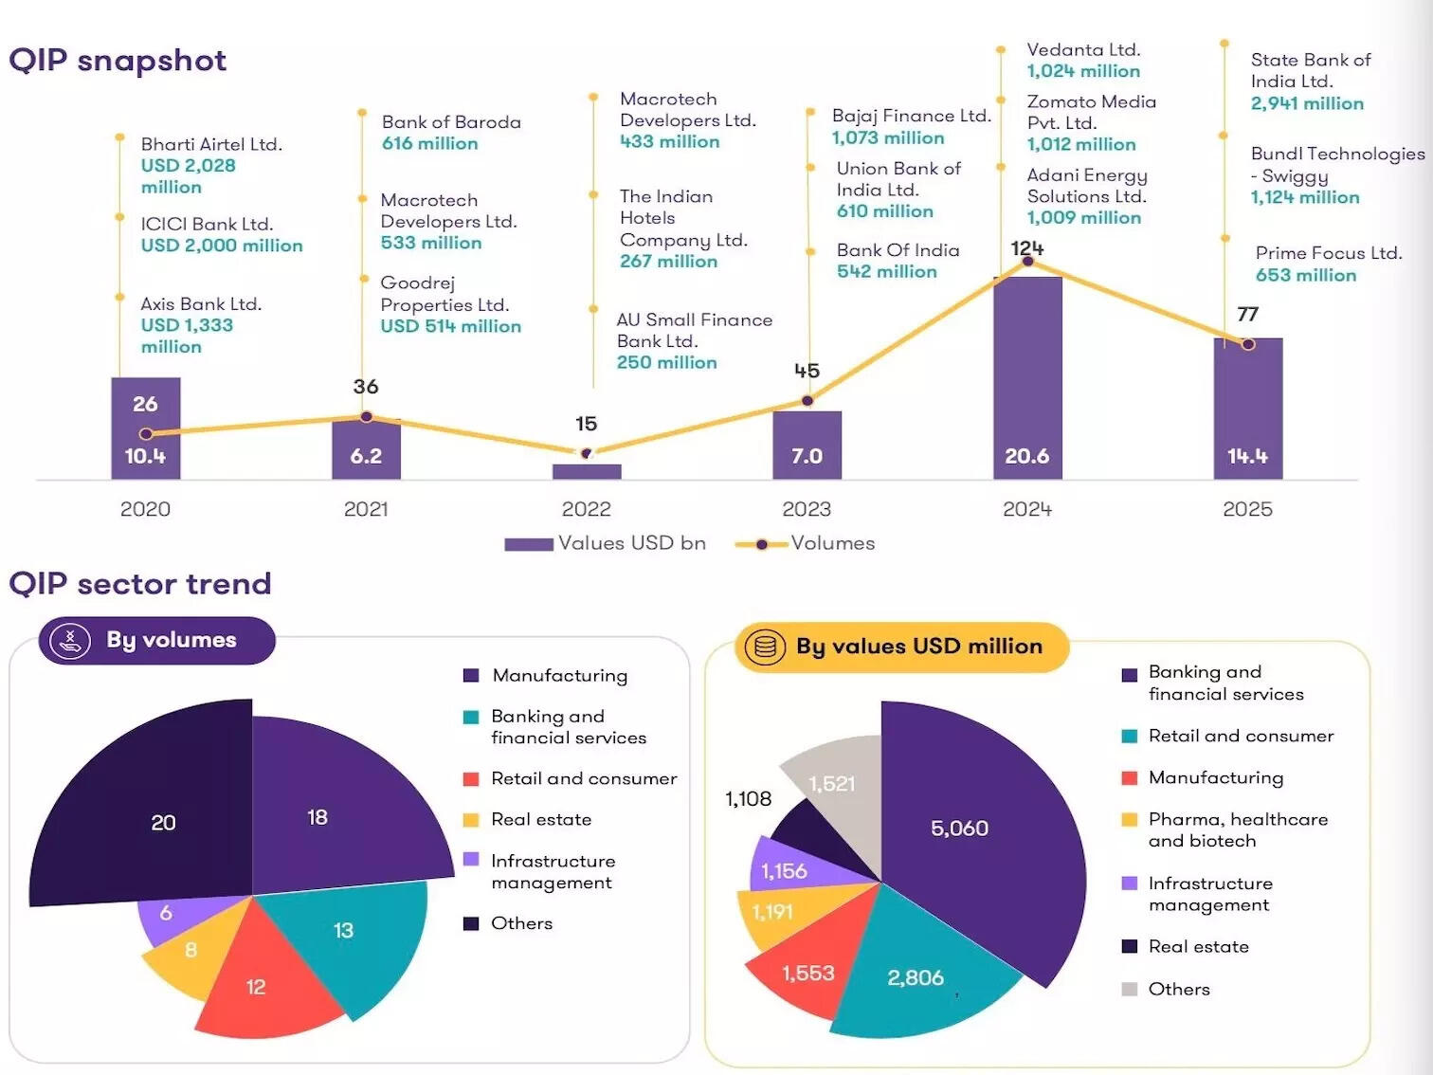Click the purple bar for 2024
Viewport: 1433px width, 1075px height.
(x=1027, y=379)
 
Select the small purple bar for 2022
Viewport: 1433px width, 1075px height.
(x=587, y=471)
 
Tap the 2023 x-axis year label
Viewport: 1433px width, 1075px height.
(x=807, y=509)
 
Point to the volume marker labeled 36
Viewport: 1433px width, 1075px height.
(x=367, y=416)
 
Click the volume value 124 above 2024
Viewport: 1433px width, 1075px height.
(x=1026, y=248)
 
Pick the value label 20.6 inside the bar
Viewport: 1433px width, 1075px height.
(x=1027, y=456)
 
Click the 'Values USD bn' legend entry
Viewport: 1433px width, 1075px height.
(x=607, y=543)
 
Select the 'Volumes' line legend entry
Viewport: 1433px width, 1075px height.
(x=806, y=543)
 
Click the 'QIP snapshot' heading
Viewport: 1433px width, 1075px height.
(x=118, y=61)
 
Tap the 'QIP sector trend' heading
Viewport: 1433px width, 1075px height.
(x=140, y=584)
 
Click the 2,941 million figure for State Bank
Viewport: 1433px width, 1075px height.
(x=1307, y=103)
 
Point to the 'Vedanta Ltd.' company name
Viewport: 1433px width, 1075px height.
(x=1083, y=50)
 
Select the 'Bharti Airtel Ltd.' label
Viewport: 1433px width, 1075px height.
(x=211, y=144)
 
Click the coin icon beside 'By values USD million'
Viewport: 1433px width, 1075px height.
(x=765, y=647)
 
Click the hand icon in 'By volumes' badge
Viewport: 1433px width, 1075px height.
(x=70, y=641)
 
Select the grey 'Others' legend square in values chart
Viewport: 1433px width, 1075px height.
(x=1129, y=989)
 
